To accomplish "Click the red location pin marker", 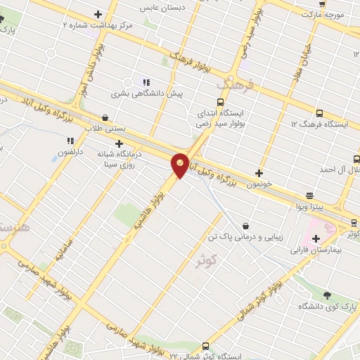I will point(181,165).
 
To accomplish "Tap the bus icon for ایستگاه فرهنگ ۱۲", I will point(320,113).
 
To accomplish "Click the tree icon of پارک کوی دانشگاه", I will point(327,294).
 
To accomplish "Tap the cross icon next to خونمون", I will point(259,173).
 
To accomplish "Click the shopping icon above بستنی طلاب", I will point(105,117).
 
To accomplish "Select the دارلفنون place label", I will point(70,151).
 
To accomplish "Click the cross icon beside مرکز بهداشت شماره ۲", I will point(98,14).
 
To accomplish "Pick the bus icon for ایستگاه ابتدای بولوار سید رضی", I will point(221,101).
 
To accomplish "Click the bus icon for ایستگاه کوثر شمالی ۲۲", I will point(205,345).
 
